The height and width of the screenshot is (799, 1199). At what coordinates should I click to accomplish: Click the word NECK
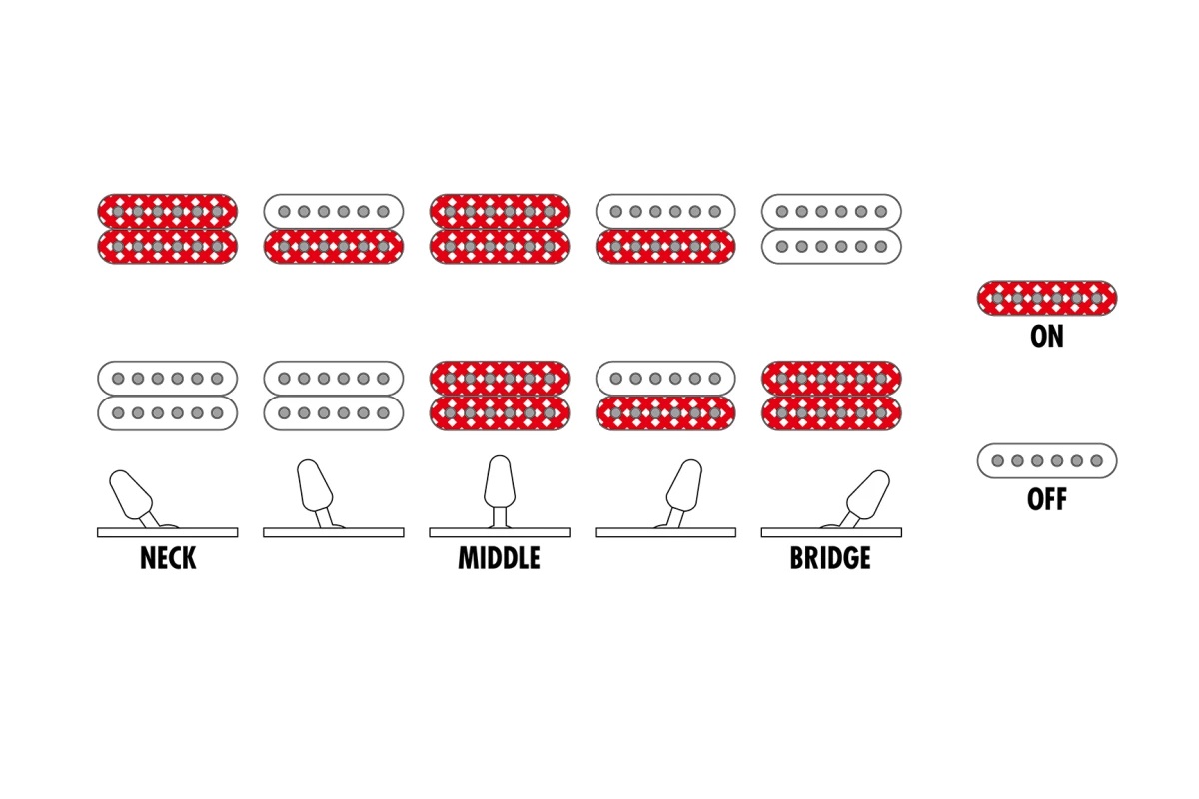point(168,558)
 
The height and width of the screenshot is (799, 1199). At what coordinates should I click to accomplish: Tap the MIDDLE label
point(499,558)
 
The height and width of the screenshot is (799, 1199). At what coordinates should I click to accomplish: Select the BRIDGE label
point(830,558)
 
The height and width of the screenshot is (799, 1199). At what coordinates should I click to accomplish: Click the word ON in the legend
point(1047,337)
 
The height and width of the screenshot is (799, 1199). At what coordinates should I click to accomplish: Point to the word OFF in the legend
point(1047,499)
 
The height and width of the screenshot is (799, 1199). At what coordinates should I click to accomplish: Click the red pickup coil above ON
point(1047,298)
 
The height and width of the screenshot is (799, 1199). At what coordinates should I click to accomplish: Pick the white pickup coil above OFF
point(1047,460)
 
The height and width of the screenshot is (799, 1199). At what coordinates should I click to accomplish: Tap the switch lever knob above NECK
point(131,494)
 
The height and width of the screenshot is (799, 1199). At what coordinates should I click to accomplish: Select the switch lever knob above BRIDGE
point(868,494)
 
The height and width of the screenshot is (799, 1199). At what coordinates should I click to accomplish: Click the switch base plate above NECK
point(168,532)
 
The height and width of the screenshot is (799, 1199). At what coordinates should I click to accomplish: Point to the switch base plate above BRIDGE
point(831,532)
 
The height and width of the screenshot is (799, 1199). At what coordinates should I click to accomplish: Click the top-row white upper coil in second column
point(334,212)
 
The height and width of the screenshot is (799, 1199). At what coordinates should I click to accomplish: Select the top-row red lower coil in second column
point(334,246)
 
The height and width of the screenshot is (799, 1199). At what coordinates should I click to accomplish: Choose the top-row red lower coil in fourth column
point(665,246)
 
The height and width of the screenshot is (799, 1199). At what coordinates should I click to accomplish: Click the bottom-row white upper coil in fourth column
point(665,379)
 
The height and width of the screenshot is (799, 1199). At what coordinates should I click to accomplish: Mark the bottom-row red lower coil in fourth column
point(665,413)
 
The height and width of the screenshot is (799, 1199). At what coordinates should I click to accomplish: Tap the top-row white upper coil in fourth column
point(665,212)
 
